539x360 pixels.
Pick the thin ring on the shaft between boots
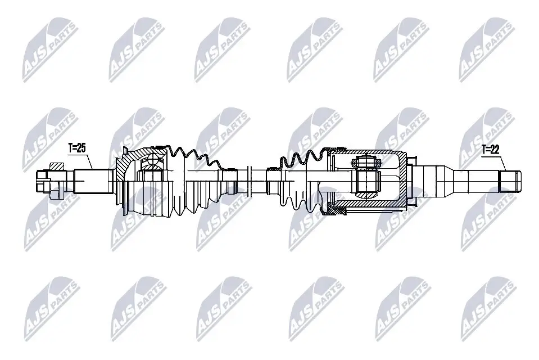[248, 181]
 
